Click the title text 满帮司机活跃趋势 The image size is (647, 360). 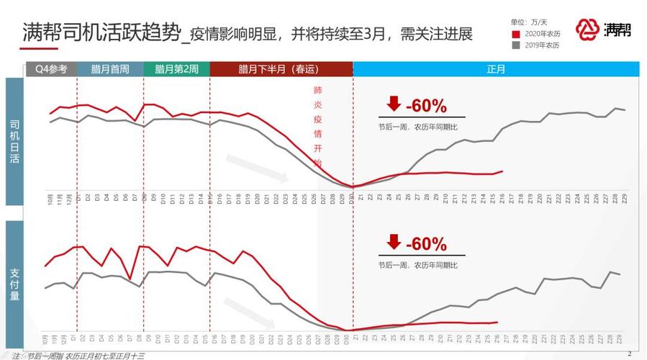pos(99,33)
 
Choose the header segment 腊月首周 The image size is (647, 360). pos(110,69)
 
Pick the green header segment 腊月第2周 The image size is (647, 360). pos(177,69)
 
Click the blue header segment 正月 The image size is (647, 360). pos(496,69)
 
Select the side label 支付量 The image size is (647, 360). pos(14,283)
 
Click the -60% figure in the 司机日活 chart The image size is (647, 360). pos(426,106)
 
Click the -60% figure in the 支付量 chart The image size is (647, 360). pos(426,243)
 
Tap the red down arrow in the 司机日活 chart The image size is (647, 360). pos(393,104)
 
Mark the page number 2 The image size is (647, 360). pos(629,353)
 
